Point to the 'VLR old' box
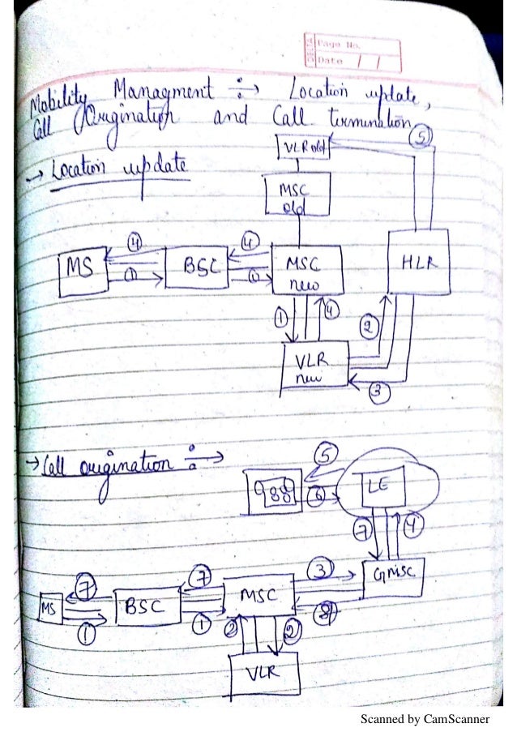[x=304, y=148]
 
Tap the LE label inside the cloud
[x=374, y=489]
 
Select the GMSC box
[x=394, y=575]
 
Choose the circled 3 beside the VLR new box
[x=379, y=391]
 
